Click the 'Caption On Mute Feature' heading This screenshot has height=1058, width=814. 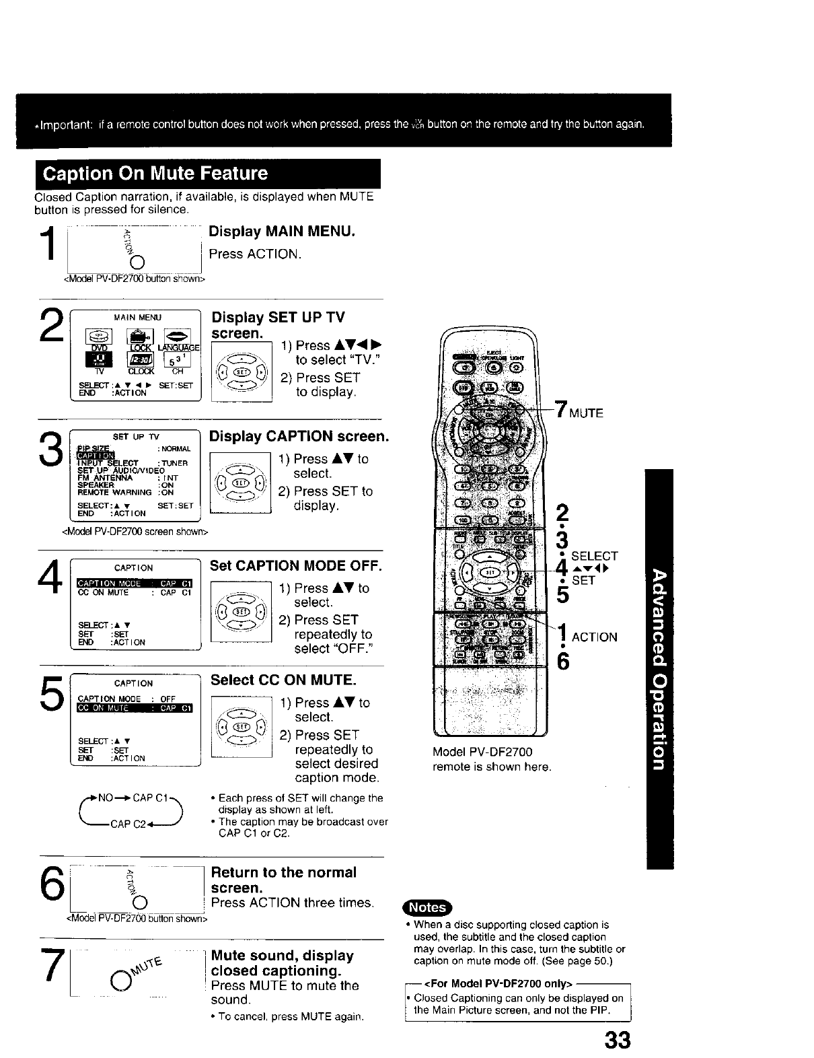tap(155, 174)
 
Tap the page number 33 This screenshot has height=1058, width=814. tap(617, 1041)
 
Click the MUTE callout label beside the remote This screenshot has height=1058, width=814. tap(586, 413)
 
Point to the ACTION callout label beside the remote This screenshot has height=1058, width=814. tap(594, 637)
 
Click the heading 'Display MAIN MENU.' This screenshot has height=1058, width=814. tap(282, 232)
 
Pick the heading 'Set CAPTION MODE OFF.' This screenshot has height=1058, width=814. tap(296, 565)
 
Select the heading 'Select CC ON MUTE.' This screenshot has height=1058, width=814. tap(283, 680)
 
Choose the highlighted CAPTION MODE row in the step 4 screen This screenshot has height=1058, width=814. tap(135, 583)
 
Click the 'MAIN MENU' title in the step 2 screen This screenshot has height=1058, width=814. tap(137, 317)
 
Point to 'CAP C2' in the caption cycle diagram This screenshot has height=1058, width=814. tap(128, 822)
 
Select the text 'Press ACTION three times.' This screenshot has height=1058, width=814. tap(293, 903)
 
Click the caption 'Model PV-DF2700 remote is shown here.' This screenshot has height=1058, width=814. tap(492, 759)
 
